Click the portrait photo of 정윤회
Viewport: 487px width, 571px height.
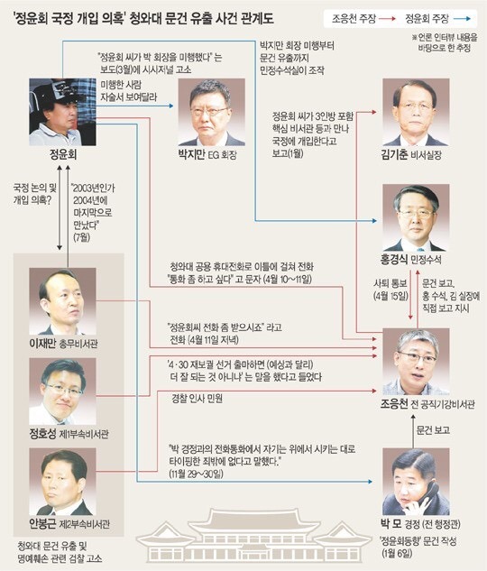click(x=62, y=112)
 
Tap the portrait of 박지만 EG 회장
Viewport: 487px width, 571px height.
click(x=211, y=112)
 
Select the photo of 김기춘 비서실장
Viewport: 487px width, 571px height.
click(x=416, y=112)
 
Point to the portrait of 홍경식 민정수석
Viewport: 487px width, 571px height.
click(x=416, y=217)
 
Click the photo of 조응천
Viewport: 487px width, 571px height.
click(x=416, y=362)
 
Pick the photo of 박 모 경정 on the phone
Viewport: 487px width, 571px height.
click(x=416, y=482)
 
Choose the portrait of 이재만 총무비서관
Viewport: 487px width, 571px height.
click(x=62, y=301)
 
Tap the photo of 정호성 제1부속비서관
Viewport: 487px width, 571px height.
click(x=62, y=391)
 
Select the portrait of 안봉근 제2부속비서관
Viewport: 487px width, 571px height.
click(x=62, y=482)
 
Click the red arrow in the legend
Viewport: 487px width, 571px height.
click(x=387, y=19)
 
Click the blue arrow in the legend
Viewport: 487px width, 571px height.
click(x=463, y=19)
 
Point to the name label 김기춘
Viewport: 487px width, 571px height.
click(x=394, y=155)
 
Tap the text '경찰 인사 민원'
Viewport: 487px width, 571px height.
click(x=197, y=399)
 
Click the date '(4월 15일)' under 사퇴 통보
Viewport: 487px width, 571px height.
click(x=391, y=296)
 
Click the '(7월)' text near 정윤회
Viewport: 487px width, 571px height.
click(x=81, y=237)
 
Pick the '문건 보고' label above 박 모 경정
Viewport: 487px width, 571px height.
click(x=433, y=430)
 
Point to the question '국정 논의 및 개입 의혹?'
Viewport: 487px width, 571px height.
click(x=35, y=194)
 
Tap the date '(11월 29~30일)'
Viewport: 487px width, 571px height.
click(x=197, y=474)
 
